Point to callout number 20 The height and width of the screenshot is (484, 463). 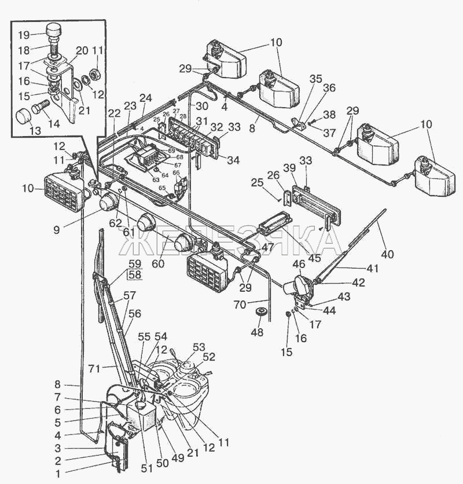pos(82,50)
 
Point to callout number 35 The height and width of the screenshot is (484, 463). pos(315,78)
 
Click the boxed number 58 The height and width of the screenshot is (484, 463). pos(135,274)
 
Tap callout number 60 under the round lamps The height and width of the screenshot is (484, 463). pos(158,264)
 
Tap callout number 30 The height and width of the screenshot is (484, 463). pos(201,107)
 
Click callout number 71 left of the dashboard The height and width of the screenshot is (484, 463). pos(93,367)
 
